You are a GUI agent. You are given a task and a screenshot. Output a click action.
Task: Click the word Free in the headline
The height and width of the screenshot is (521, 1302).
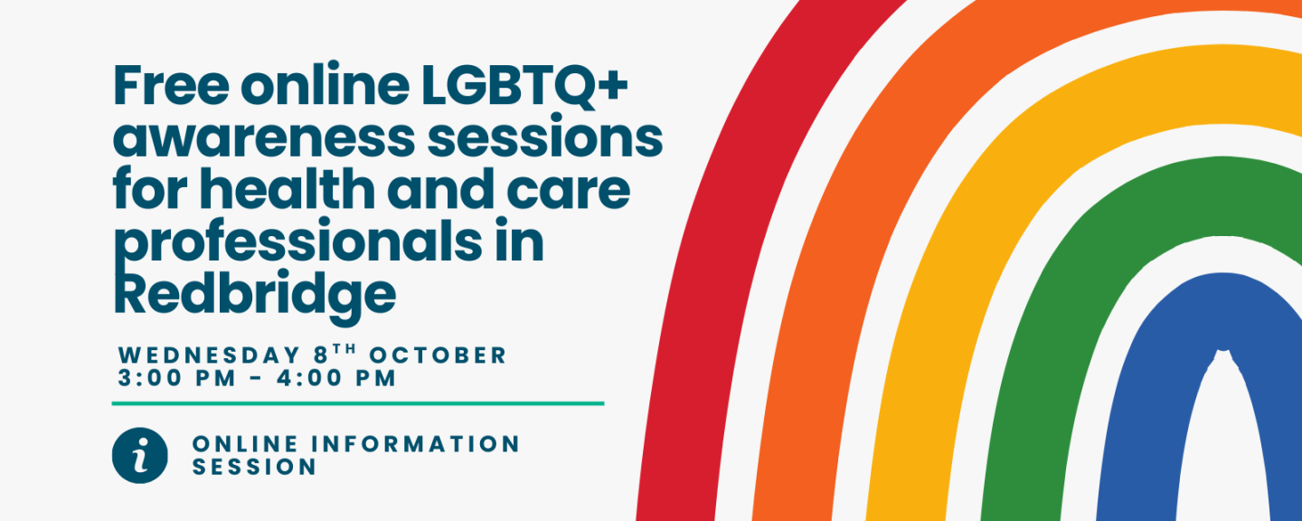pyautogui.click(x=172, y=84)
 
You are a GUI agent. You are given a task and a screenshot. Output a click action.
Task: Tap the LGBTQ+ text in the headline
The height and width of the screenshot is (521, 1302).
pyautogui.click(x=524, y=85)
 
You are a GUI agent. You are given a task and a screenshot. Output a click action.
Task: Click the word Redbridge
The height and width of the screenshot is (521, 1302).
pyautogui.click(x=255, y=297)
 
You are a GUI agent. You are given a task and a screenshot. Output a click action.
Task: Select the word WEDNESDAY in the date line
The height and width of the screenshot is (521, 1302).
pyautogui.click(x=209, y=355)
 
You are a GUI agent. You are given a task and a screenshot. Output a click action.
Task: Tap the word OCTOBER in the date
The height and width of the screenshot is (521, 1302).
pyautogui.click(x=438, y=355)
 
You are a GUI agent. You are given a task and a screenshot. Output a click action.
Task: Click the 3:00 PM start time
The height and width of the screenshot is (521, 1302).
pyautogui.click(x=176, y=378)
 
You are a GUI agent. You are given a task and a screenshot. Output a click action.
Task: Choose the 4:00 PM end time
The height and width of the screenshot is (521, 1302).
pyautogui.click(x=336, y=378)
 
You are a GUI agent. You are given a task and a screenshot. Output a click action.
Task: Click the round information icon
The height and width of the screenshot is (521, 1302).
pyautogui.click(x=139, y=455)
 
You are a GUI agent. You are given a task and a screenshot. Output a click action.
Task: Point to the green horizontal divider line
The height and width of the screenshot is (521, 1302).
pyautogui.click(x=358, y=403)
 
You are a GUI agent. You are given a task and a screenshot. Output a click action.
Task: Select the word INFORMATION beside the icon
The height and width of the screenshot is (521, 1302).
pyautogui.click(x=415, y=444)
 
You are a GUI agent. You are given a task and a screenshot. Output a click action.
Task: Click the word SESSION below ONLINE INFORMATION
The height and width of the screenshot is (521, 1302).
pyautogui.click(x=254, y=467)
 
